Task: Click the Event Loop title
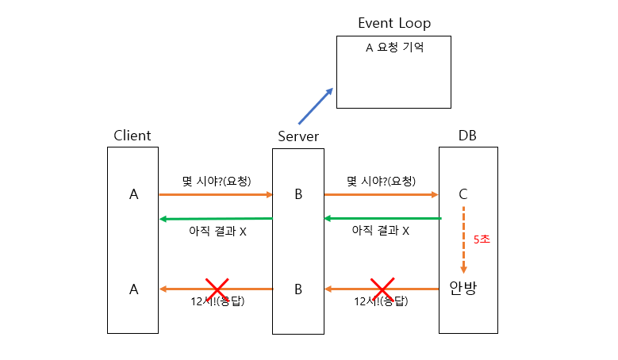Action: (394, 23)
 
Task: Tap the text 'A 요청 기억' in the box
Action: (394, 48)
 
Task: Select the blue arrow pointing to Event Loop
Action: (315, 106)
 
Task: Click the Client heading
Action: (132, 136)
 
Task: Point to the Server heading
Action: (298, 136)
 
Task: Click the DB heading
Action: (468, 136)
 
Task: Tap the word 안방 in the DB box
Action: (463, 289)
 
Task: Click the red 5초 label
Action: (482, 239)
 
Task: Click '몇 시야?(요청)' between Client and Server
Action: (217, 181)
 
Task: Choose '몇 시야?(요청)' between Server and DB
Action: (381, 181)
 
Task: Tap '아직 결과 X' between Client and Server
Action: (217, 232)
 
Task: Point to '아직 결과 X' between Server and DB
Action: (381, 231)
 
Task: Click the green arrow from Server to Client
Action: (216, 218)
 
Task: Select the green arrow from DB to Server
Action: (382, 218)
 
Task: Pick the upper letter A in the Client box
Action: (133, 194)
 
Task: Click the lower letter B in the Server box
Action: (298, 289)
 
